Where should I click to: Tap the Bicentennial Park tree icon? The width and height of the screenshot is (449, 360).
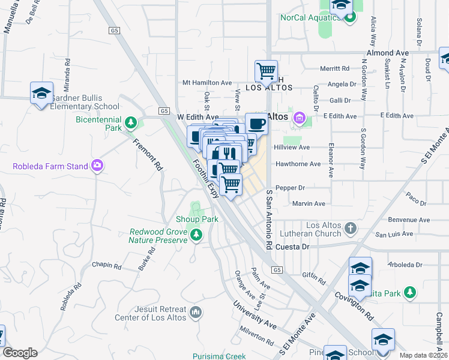coord(131,124)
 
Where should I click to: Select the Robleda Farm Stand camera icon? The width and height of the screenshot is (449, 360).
coord(97,166)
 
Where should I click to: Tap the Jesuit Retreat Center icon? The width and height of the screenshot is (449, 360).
coord(196,312)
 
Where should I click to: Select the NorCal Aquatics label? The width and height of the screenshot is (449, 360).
coord(310,17)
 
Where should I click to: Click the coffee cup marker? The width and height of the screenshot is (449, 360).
coord(257,124)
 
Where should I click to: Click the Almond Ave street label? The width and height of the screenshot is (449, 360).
coord(390,53)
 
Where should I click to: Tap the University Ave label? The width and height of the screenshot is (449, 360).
coord(255,317)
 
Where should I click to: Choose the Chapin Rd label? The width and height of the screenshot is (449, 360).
coord(107,265)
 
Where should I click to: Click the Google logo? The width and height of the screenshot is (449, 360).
coord(20,353)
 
